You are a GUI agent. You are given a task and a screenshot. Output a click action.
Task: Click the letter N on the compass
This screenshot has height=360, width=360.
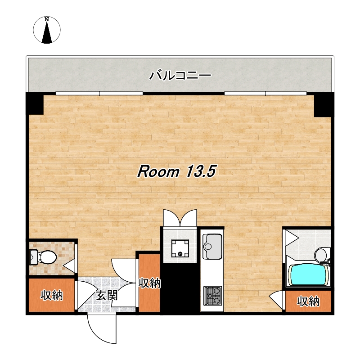(x=47, y=19)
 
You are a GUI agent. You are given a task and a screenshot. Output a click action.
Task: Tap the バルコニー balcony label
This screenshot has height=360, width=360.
(x=180, y=75)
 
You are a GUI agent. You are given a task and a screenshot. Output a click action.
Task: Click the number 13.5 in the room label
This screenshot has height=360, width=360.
(x=202, y=171)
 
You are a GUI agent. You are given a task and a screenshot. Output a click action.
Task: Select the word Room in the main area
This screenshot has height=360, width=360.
(x=158, y=171)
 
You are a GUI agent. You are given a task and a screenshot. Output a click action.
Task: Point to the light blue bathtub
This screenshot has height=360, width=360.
(x=308, y=275)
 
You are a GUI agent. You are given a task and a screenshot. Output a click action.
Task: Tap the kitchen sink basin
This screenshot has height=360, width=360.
(x=212, y=246)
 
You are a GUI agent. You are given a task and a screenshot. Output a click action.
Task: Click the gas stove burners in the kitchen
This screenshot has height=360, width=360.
(x=213, y=296)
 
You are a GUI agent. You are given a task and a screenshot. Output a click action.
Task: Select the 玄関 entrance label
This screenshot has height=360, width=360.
(x=107, y=295)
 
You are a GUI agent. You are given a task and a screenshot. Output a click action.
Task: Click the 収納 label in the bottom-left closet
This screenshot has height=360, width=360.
(x=52, y=295)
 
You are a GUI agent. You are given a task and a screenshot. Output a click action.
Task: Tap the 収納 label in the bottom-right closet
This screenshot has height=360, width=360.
(x=308, y=301)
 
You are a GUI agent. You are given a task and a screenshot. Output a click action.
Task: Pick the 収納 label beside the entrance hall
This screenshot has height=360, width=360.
(x=149, y=283)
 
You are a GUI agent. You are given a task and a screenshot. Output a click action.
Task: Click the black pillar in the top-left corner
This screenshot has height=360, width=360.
(x=35, y=103)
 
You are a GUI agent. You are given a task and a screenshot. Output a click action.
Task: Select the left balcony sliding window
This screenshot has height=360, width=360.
(x=99, y=94)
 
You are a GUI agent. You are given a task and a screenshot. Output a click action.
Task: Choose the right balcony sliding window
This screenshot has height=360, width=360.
(x=265, y=94)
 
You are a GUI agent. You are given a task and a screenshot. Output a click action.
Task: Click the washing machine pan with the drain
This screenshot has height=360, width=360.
(x=180, y=248)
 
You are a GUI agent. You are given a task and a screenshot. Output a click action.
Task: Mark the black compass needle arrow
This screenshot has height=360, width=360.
(x=47, y=32)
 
